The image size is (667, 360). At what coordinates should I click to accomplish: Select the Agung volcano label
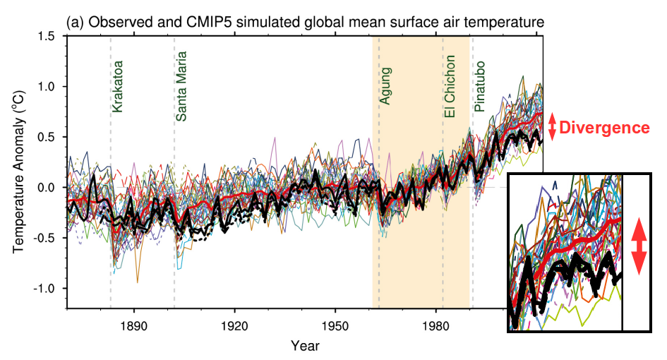[386, 86]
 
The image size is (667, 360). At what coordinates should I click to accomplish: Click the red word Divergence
[604, 128]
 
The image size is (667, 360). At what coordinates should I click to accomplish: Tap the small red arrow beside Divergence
[553, 127]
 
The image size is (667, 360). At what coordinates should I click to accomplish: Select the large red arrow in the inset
[638, 246]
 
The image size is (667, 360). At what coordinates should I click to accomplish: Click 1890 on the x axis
[133, 326]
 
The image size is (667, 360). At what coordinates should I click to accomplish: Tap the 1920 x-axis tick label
[234, 326]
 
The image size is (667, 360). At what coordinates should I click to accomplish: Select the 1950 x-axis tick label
[335, 326]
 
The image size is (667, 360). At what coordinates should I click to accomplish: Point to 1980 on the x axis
[435, 326]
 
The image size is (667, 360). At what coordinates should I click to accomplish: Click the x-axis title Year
[305, 346]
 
